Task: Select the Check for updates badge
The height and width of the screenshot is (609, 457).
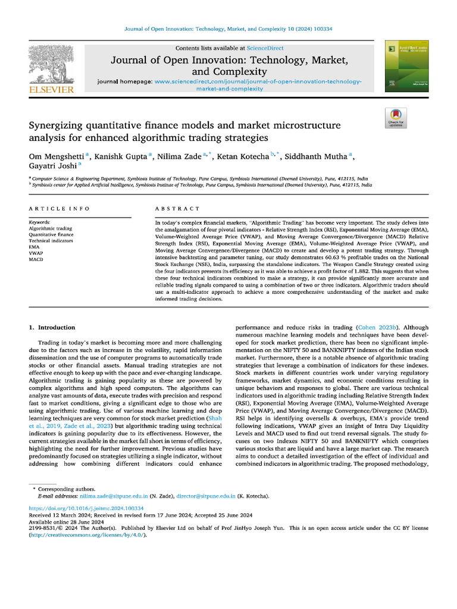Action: tap(395, 118)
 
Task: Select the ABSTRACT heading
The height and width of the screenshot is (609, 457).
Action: tap(177, 209)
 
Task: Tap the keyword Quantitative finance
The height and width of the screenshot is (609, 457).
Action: tap(51, 234)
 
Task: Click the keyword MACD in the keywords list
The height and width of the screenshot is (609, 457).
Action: tap(36, 259)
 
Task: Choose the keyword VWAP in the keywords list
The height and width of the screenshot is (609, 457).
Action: tap(36, 253)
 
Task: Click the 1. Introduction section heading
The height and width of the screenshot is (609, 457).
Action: tap(52, 327)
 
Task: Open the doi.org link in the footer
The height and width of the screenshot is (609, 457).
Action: tap(86, 508)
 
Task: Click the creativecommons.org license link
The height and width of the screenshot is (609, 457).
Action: tap(86, 535)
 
